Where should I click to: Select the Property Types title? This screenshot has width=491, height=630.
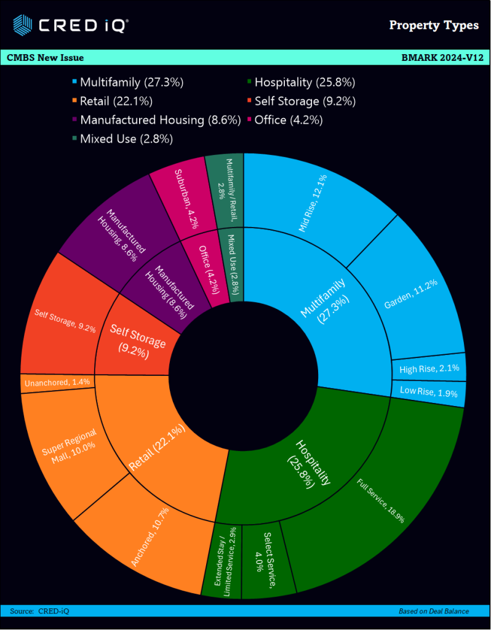pyautogui.click(x=434, y=25)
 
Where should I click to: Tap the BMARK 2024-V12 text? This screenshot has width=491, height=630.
pyautogui.click(x=441, y=58)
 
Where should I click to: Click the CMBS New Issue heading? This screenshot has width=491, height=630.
pyautogui.click(x=46, y=58)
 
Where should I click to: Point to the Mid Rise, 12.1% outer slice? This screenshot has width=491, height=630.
pyautogui.click(x=314, y=203)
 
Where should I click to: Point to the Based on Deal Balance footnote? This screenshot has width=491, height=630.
pyautogui.click(x=433, y=611)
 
